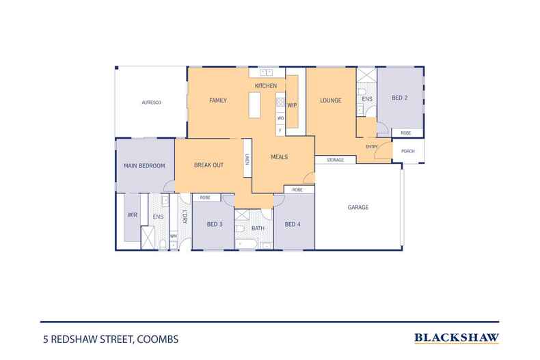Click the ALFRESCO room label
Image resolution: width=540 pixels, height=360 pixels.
point(151,102)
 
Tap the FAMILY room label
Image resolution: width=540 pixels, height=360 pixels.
point(217,100)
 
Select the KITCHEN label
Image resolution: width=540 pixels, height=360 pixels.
point(265,86)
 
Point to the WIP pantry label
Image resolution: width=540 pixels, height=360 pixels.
point(292,105)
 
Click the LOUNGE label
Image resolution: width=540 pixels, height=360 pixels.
point(331,100)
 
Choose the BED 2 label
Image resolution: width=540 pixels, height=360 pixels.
point(400,98)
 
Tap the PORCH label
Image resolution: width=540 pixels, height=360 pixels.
point(407,151)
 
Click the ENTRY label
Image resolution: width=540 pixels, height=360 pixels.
point(372,146)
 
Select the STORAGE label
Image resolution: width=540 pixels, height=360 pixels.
point(335,160)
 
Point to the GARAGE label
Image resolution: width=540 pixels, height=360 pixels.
point(358,207)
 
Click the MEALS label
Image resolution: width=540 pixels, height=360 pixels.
point(279,156)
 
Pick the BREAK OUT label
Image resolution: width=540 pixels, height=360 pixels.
point(208,165)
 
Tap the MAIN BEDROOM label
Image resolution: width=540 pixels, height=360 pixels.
point(144,165)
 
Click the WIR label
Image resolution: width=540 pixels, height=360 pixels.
point(132,214)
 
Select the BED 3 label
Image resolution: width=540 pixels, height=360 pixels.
point(215,223)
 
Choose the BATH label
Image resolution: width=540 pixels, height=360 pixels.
point(258,228)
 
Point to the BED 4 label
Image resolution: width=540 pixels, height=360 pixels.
point(293,223)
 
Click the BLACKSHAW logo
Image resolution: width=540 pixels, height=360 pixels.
point(457,337)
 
